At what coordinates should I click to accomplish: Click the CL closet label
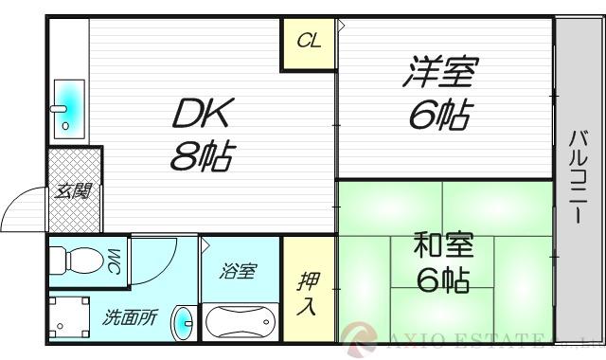point(308,41)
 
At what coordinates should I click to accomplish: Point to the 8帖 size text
point(203,153)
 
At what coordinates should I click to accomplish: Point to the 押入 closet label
point(308,294)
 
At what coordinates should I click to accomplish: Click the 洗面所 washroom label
point(130,318)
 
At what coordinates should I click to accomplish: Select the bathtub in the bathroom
point(241,320)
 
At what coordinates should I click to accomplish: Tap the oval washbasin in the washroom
point(183,323)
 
